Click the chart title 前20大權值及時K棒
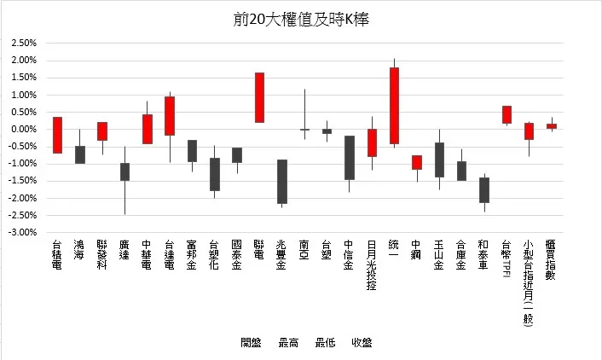300,19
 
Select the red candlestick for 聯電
259,97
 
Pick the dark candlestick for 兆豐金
281,181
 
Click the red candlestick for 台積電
57,135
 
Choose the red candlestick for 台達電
170,115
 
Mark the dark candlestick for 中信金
349,157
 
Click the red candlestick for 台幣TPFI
506,114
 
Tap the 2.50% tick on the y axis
23,44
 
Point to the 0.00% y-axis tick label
23,129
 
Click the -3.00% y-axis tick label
22,232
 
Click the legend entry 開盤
251,343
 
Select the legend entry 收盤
361,343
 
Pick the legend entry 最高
287,343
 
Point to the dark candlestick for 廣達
124,171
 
